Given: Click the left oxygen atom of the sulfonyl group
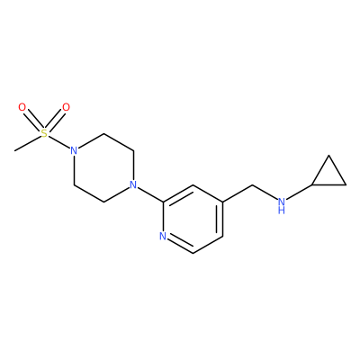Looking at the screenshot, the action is tap(22, 107).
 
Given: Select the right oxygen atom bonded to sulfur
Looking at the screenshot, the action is tap(66, 107).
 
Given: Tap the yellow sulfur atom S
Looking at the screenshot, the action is tap(44, 133).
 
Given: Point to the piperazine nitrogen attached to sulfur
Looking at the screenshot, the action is tap(74, 150).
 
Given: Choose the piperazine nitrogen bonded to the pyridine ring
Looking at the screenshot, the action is tap(133, 184).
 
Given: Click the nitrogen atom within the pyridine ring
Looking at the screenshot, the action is tap(163, 236).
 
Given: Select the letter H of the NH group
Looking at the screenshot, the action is tap(282, 210).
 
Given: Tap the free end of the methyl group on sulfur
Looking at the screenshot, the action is tap(14, 150).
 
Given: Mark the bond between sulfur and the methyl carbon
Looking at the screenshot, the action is tap(27, 143).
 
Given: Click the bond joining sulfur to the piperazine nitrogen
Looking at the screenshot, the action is tap(58, 141).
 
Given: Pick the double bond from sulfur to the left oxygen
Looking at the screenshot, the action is tap(33, 120).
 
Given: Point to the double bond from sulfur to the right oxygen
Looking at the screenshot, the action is tap(55, 120).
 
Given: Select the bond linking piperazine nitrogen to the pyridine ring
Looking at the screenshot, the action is tap(150, 194).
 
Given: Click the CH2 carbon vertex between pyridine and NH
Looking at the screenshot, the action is tap(252, 184).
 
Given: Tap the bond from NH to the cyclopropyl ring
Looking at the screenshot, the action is tap(299, 193).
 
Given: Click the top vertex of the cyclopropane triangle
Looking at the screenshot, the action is tap(329, 156).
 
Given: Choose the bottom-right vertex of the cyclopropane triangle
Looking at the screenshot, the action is tap(346, 184).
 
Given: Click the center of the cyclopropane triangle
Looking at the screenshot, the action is tap(329, 175).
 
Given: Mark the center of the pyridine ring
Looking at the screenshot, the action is tap(193, 219).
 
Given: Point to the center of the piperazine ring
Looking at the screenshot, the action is tap(103, 167).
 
